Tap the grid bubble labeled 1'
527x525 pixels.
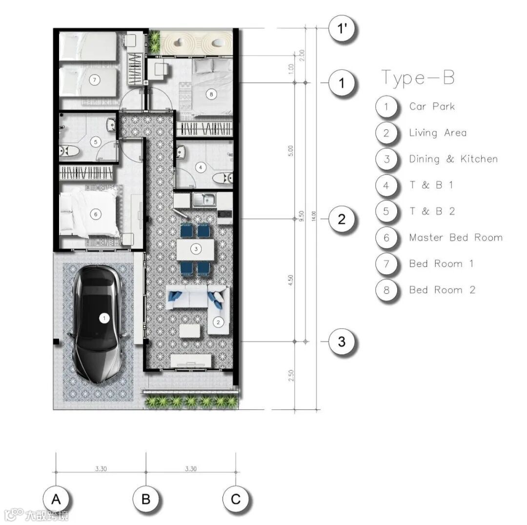pos(342,29)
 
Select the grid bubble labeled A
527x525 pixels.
pos(56,499)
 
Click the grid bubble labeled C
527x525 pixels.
pos(236,499)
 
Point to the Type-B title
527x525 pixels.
pos(418,78)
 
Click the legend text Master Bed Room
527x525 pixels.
pos(456,238)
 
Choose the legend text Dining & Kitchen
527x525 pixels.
pos(453,159)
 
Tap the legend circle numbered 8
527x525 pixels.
pos(386,290)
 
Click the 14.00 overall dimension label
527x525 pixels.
pos(314,216)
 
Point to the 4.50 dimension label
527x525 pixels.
pos(291,280)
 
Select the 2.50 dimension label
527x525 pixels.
pos(291,375)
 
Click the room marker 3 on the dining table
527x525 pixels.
pos(196,249)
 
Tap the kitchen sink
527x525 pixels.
pos(204,199)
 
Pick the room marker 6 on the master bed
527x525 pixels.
pos(96,214)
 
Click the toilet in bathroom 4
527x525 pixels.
pos(223,178)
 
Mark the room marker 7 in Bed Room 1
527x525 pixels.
pos(95,80)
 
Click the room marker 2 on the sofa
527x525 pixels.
pos(218,323)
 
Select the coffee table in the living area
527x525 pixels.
pos(190,331)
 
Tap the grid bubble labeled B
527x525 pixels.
pos(146,499)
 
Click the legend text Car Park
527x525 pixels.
pos(432,106)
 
